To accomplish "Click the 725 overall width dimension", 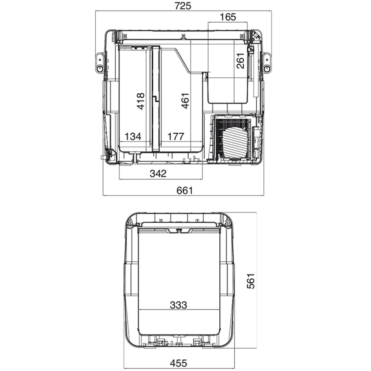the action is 183,6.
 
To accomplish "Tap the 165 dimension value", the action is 228,17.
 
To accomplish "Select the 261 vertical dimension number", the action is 241,61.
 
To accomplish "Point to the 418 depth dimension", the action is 141,101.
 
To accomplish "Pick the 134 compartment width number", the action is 133,137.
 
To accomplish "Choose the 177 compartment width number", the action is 176,137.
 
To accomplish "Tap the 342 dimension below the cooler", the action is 158,174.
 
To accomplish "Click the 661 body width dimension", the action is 185,191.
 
